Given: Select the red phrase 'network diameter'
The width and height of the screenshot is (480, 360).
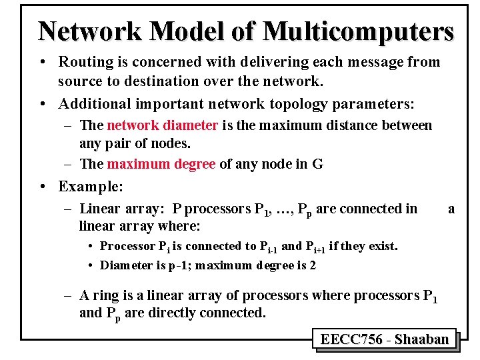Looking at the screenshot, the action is pos(162,125).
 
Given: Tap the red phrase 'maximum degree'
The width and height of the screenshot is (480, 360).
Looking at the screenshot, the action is pos(161,164).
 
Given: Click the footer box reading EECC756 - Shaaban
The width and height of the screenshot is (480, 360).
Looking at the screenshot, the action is pos(384,339).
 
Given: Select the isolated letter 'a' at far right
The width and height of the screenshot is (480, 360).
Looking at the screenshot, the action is pos(451,209).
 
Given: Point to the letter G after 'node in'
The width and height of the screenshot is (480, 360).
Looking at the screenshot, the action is pos(317,164).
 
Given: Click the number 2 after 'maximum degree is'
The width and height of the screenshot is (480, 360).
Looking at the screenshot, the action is pos(312,265).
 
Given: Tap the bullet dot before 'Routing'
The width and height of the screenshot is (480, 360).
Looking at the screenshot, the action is pos(42,62).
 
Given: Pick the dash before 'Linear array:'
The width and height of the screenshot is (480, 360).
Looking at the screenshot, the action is pos(69,209).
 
